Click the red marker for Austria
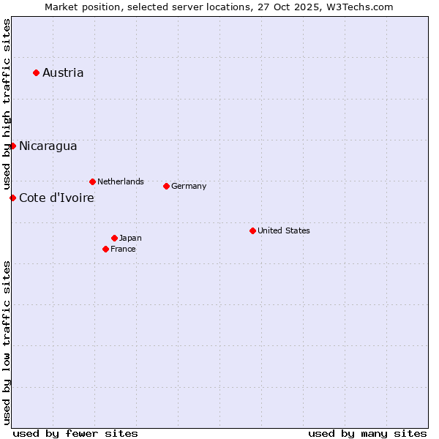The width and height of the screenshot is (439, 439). click(36, 72)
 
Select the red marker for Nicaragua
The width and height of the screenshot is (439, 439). click(12, 146)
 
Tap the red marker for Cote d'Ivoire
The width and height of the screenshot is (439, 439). click(12, 198)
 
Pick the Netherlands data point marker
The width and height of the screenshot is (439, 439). click(92, 181)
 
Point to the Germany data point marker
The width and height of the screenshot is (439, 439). click(166, 186)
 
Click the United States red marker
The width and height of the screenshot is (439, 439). click(252, 230)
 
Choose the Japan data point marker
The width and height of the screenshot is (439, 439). click(114, 238)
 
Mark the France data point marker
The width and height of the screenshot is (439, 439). click(105, 249)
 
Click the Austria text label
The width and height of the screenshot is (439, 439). click(63, 72)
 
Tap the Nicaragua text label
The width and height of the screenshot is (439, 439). click(48, 146)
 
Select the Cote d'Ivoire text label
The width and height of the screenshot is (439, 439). click(56, 198)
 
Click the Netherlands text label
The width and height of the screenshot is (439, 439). click(121, 181)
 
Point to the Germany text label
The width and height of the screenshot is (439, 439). click(189, 186)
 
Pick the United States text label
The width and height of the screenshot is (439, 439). click(284, 230)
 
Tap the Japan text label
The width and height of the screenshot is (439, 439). click(130, 238)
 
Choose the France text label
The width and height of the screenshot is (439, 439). click(123, 249)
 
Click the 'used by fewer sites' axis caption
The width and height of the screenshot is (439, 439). click(75, 433)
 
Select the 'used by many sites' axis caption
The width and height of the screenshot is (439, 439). click(367, 433)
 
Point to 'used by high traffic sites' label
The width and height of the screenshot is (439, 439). click(7, 105)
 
